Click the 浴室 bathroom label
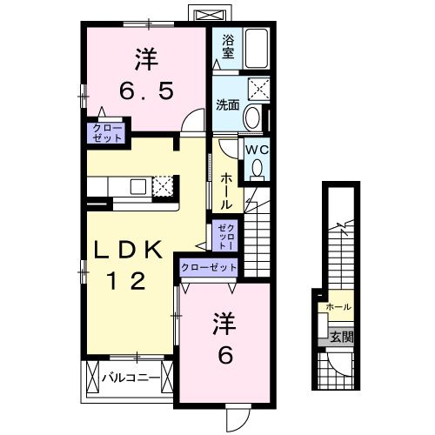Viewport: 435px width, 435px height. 228,47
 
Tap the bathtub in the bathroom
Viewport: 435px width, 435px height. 257,49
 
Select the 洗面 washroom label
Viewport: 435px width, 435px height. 228,105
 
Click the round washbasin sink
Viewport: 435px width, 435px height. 252,117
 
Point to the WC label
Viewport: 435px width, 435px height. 257,150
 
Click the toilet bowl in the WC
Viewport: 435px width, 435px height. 257,170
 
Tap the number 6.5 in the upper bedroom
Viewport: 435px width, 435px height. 147,90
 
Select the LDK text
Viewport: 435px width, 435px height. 128,250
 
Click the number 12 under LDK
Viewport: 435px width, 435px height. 127,281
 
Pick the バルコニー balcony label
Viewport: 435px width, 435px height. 130,378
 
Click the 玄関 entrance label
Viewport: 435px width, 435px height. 342,337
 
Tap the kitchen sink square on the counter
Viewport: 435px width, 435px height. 138,187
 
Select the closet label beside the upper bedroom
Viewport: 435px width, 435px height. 107,133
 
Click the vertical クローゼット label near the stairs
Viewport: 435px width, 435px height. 224,236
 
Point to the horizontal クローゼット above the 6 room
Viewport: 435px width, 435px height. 209,267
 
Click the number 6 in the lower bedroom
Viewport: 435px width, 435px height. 225,356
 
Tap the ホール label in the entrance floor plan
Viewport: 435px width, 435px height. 338,307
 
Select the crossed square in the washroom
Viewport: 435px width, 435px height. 258,90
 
